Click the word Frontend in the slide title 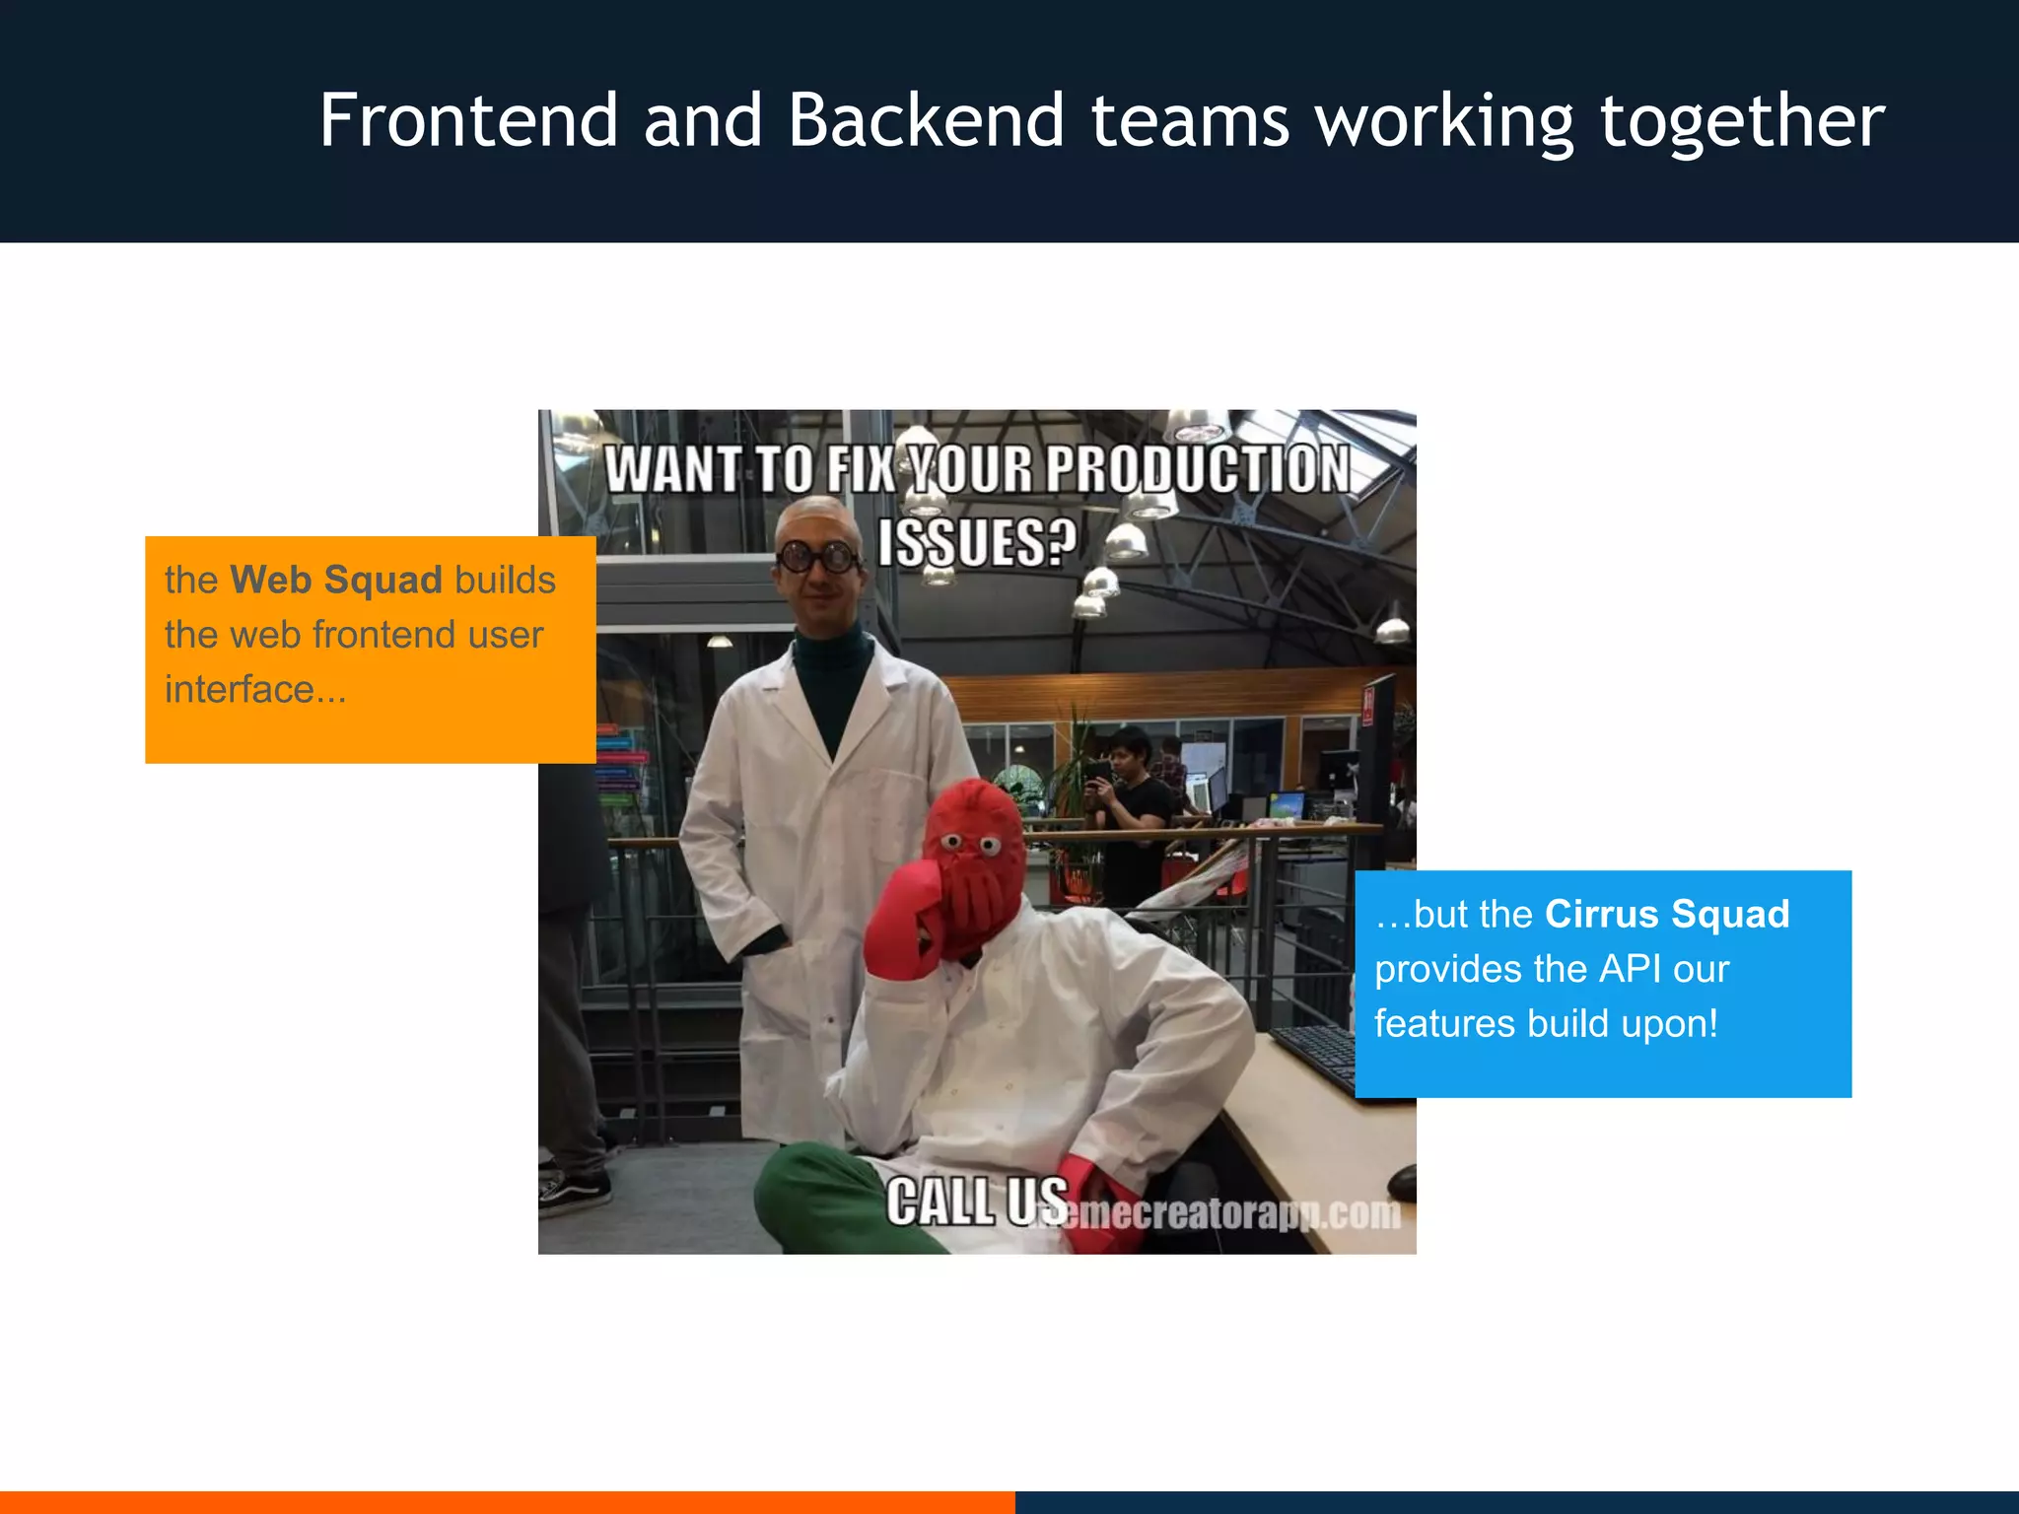click(x=468, y=120)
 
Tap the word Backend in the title click(x=926, y=120)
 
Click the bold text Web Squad click(x=336, y=580)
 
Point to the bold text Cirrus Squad click(x=1667, y=914)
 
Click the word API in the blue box click(x=1631, y=969)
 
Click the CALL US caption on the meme click(x=976, y=1202)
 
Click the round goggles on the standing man click(x=817, y=557)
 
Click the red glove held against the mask click(x=902, y=922)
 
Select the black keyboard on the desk click(x=1316, y=1055)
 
